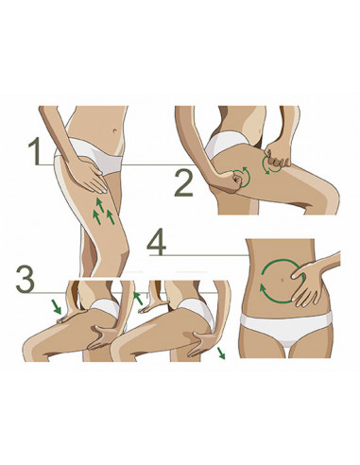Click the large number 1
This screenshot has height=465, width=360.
point(35,151)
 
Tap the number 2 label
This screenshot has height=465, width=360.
point(184,182)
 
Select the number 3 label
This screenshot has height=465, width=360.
point(26,279)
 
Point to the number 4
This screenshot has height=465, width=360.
point(157,242)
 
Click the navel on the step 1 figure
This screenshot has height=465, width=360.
point(115,130)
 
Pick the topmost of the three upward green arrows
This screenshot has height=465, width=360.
point(100,205)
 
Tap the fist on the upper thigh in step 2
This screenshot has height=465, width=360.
point(278,159)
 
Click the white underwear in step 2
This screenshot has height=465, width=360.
point(223,144)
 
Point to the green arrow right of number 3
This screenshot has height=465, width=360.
point(57,306)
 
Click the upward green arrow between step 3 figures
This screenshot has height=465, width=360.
point(138,299)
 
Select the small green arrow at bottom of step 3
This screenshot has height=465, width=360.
point(221,353)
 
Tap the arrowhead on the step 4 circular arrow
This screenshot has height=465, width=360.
point(262,287)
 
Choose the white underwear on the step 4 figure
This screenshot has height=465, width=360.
point(286,328)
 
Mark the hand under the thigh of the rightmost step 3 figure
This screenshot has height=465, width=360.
point(202,342)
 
